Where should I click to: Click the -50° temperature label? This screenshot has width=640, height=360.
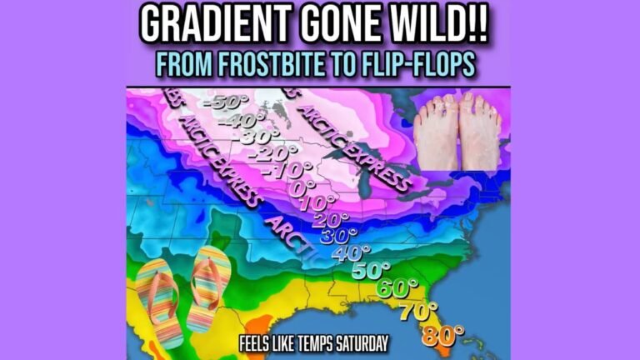pos(227,104)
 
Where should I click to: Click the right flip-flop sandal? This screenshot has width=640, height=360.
pos(209,287)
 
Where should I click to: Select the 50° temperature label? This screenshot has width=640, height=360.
pos(368,271)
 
